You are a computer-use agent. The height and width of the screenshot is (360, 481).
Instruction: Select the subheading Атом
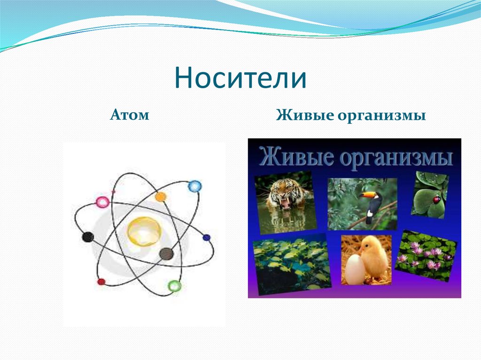pos(130,115)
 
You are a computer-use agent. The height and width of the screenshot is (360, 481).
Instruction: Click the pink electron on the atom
pos(102,202)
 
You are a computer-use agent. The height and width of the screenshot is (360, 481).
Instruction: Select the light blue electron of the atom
pos(194,186)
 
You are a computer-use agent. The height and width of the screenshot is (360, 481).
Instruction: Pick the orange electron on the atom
pos(161,197)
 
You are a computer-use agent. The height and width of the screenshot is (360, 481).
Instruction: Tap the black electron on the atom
pos(88,237)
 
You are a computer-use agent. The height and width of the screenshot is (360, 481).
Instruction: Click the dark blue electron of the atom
pos(207,237)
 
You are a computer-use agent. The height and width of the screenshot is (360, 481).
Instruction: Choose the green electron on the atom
pos(175,286)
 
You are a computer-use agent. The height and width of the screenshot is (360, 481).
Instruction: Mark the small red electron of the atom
pos(101,282)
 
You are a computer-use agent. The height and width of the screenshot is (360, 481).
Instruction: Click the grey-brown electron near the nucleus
pos(166,253)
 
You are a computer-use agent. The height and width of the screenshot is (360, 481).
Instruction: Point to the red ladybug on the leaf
pos(436,200)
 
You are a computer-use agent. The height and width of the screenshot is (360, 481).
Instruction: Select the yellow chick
pos(373,258)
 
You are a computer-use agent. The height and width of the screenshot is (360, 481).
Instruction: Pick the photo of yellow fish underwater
pos(291,264)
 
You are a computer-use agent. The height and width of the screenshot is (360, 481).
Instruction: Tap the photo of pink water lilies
pos(426,256)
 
